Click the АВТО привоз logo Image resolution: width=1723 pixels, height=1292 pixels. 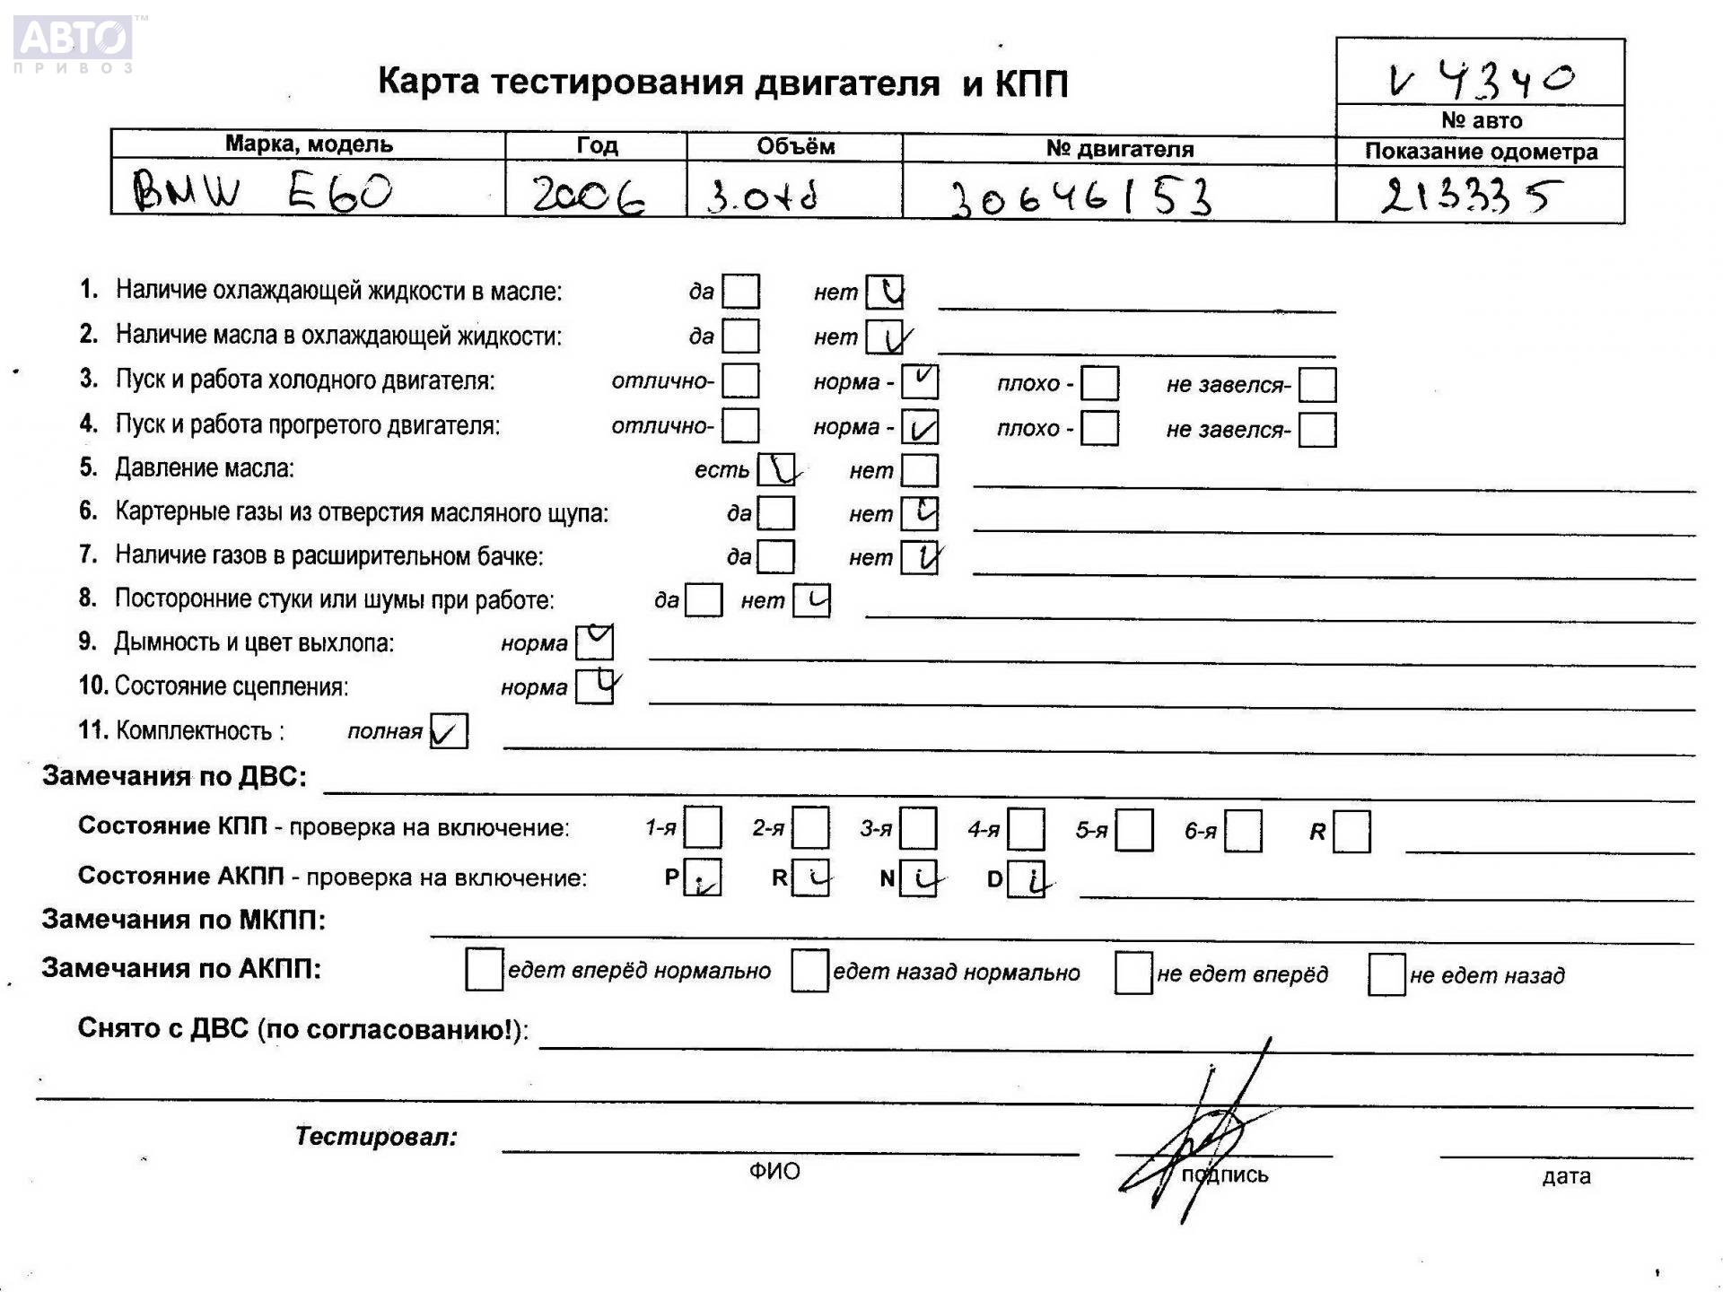(x=74, y=43)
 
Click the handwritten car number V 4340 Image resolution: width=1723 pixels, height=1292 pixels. (x=1481, y=79)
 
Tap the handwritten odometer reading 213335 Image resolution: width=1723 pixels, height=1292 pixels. (x=1472, y=195)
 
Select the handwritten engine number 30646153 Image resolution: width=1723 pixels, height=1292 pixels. (x=1081, y=196)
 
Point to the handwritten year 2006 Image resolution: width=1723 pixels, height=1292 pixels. (x=589, y=194)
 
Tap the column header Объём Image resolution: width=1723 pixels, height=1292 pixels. (x=795, y=146)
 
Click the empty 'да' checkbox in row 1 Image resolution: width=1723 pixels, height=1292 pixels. (x=740, y=292)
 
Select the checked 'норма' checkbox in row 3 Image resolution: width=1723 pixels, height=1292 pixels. (x=920, y=382)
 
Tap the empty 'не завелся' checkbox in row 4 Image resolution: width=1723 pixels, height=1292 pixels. (x=1316, y=430)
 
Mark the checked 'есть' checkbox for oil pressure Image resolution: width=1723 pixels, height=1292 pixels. (x=776, y=469)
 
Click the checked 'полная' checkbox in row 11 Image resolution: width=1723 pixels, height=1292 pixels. (x=449, y=731)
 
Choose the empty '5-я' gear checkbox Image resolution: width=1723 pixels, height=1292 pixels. (x=1134, y=830)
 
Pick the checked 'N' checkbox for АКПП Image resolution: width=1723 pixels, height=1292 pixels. (x=918, y=878)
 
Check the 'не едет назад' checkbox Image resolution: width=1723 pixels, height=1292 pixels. (x=1386, y=974)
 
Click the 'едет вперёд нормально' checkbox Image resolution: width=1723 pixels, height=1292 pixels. (x=485, y=970)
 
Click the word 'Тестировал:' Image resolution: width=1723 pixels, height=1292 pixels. (x=376, y=1137)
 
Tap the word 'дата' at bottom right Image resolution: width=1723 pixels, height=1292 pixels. (x=1566, y=1176)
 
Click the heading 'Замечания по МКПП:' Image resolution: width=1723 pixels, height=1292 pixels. (x=184, y=920)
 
